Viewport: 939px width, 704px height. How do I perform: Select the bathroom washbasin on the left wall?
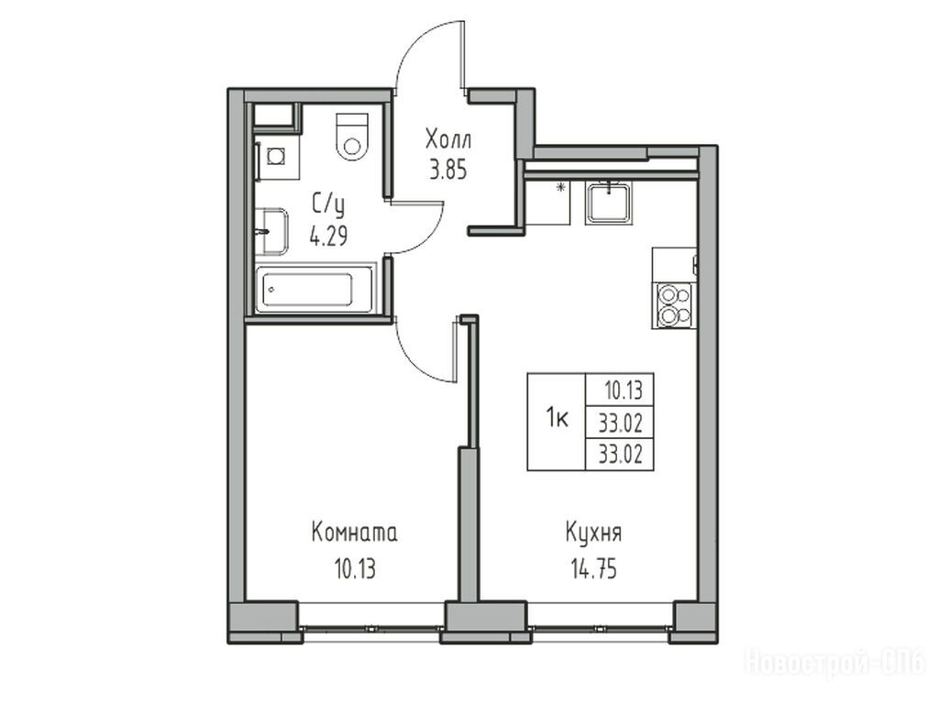pos(271,232)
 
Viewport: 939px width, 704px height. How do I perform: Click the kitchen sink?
pos(609,203)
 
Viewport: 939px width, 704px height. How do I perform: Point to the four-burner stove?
pos(674,305)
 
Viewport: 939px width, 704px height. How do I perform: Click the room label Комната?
pos(354,533)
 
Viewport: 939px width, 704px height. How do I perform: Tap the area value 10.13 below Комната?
pos(355,568)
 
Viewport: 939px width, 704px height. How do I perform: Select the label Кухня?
pos(593,533)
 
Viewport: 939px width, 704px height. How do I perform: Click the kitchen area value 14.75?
pos(593,568)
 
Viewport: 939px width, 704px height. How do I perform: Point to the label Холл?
pos(448,139)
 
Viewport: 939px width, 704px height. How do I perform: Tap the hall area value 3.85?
pos(447,170)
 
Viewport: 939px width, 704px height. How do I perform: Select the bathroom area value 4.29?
pos(328,237)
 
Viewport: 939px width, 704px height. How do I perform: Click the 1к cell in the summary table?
pos(557,420)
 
